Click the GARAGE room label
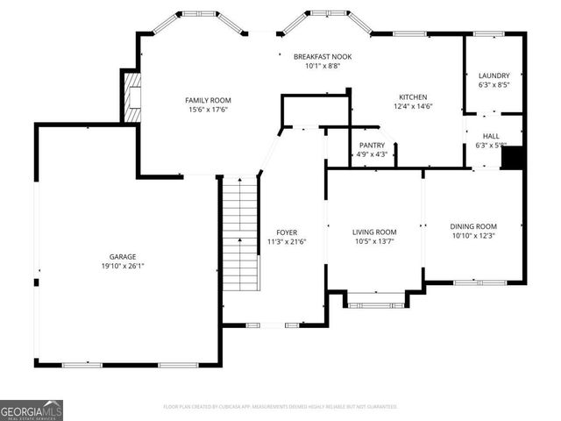[x=123, y=256]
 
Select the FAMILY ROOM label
[x=207, y=100]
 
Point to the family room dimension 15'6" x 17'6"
[x=207, y=110]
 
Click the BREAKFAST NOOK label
[x=323, y=56]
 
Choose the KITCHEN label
[x=413, y=97]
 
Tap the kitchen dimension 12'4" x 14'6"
[x=413, y=107]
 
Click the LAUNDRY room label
[x=494, y=76]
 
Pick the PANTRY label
[x=373, y=145]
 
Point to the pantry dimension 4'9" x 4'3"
[x=373, y=154]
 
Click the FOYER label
[x=287, y=232]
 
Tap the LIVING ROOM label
[x=374, y=232]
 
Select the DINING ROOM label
[x=473, y=226]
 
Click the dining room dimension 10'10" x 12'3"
[x=473, y=236]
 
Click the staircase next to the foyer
[x=240, y=232]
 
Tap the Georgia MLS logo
[x=32, y=410]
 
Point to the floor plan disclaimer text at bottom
[x=280, y=407]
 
